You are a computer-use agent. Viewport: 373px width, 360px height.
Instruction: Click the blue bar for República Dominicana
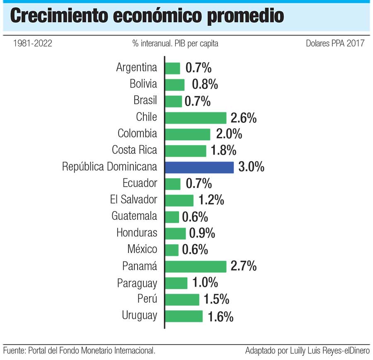199,167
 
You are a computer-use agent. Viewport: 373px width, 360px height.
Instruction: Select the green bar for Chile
196,118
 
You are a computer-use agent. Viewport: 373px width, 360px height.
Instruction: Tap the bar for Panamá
196,266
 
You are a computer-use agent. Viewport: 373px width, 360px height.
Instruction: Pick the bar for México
172,250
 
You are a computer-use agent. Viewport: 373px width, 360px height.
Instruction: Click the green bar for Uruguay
184,316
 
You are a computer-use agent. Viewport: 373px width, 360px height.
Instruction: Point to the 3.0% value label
251,167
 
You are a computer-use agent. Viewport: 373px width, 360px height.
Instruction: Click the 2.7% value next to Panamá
243,266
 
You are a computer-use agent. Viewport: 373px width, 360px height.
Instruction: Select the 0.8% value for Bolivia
205,85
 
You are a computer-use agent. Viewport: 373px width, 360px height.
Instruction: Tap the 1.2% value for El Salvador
211,200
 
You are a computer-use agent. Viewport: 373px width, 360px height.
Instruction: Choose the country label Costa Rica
135,150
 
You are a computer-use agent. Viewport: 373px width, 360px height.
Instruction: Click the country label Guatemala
134,216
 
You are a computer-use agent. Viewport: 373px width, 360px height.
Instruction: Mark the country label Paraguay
137,283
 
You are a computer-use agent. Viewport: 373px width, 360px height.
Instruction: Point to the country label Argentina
137,68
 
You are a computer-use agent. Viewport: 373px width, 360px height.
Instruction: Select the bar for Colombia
188,134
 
